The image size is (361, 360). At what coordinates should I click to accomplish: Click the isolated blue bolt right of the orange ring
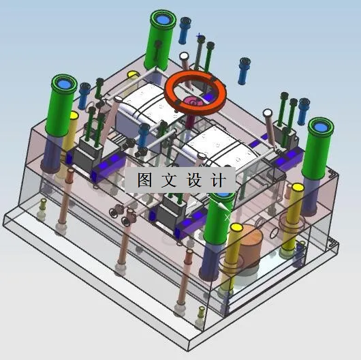click(x=243, y=69)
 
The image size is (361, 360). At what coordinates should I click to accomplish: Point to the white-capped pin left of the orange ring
click(x=183, y=59)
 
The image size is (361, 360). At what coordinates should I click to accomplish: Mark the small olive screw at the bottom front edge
click(x=200, y=314)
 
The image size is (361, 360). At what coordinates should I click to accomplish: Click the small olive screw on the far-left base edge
click(x=43, y=205)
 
